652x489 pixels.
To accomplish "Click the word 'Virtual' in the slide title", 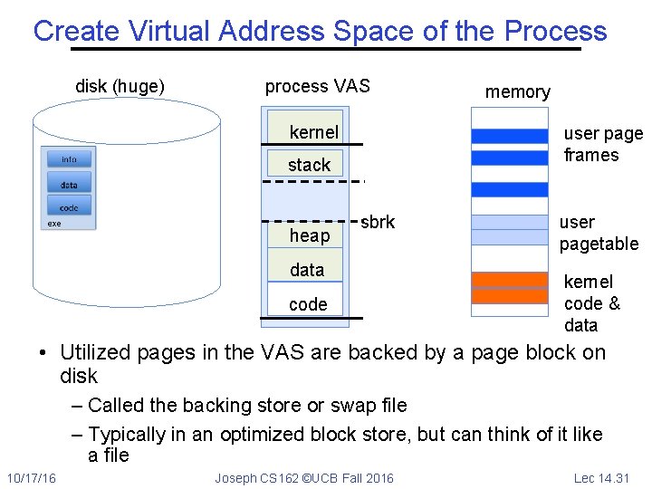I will click(x=170, y=31).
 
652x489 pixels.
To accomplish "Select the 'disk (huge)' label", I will click(x=120, y=87).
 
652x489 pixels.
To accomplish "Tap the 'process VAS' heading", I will click(x=317, y=87).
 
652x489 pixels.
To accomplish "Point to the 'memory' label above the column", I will click(x=517, y=92).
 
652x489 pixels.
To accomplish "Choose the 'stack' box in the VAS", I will click(x=309, y=165).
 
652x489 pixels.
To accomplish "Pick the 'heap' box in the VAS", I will click(x=309, y=235).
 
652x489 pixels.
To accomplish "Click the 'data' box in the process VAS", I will click(x=307, y=270).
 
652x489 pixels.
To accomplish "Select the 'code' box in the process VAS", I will click(x=307, y=304).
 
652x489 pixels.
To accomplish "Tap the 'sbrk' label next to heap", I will click(x=378, y=222).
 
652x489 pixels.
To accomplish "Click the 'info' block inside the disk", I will click(x=69, y=159).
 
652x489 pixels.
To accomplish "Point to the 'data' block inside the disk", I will click(x=69, y=185).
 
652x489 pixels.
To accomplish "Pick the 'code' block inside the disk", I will click(x=69, y=208).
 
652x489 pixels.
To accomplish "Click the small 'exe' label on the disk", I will click(x=54, y=224).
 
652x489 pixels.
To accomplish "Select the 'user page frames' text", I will click(x=602, y=144).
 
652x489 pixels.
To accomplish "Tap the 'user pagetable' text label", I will click(x=599, y=233).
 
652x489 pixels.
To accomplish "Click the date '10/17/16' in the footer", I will click(x=31, y=478).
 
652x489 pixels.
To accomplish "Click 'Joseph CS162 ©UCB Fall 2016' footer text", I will click(x=304, y=478).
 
